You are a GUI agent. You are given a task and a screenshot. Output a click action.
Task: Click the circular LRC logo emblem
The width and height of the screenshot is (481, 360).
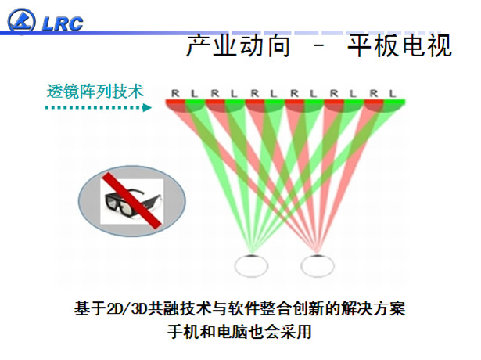click(21, 20)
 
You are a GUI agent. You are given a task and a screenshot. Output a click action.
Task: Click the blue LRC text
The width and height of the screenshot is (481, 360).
click(63, 23)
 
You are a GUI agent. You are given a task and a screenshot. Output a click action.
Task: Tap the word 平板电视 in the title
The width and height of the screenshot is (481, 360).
click(400, 46)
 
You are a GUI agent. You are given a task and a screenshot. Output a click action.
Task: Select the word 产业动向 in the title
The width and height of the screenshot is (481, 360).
click(239, 46)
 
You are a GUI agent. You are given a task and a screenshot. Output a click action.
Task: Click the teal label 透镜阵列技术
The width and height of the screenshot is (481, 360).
click(95, 92)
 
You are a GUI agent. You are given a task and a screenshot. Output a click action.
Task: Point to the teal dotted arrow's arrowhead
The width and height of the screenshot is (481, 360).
click(147, 107)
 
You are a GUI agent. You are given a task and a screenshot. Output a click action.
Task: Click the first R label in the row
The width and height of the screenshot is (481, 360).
click(175, 93)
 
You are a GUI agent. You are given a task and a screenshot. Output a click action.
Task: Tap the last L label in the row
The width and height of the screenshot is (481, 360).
click(393, 93)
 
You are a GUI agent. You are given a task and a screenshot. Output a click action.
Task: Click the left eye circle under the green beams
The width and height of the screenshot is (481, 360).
click(251, 265)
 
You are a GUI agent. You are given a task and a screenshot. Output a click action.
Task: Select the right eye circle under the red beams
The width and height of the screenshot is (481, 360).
click(318, 265)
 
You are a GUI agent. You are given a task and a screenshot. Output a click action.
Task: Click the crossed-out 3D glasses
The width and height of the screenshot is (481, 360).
click(132, 201)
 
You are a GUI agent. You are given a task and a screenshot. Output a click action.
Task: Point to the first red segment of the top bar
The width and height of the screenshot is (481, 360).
click(175, 102)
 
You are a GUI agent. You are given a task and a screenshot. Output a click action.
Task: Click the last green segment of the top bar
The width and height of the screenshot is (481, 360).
click(394, 102)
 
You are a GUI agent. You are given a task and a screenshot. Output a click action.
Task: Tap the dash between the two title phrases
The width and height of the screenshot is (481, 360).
click(319, 46)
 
